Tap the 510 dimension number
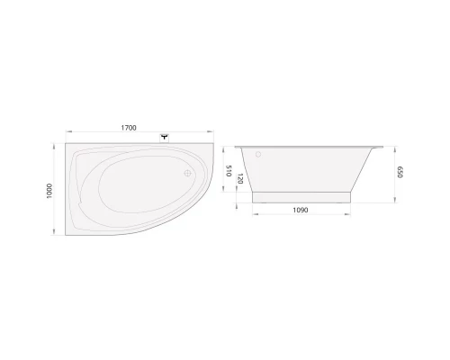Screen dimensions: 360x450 (229, 170)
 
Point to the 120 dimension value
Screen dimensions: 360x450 (240, 178)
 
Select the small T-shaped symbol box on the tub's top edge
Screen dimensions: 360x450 (165, 138)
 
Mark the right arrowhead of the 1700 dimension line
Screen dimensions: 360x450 (217, 134)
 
